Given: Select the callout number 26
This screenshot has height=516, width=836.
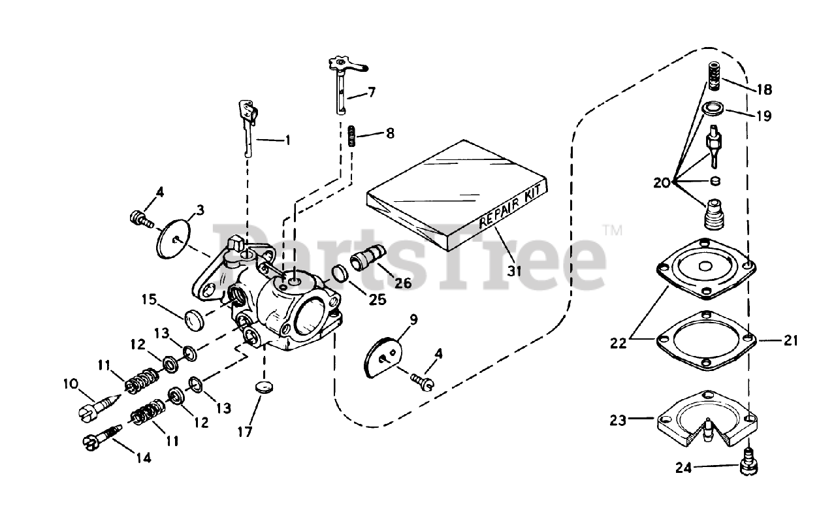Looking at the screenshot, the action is (403, 282).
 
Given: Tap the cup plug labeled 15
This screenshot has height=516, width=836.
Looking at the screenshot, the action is (194, 320).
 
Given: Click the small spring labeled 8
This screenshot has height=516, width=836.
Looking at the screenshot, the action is (351, 137).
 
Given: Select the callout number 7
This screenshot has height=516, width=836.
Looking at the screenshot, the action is (371, 92).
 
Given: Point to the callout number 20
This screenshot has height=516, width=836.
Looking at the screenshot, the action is (661, 183).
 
